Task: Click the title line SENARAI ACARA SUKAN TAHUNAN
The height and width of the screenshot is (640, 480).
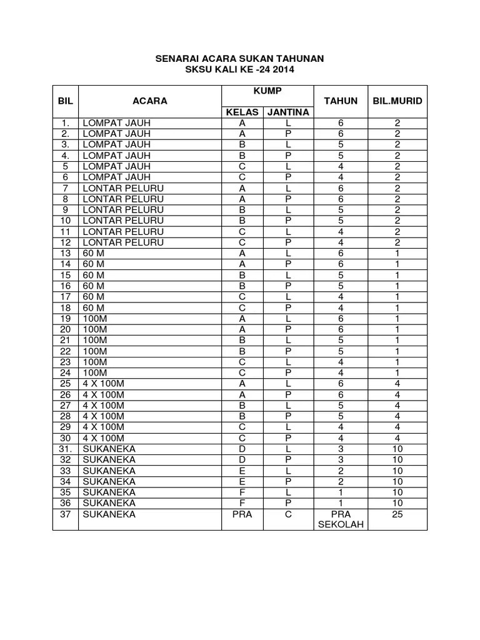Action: [239, 59]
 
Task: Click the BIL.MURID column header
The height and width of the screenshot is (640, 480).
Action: [397, 101]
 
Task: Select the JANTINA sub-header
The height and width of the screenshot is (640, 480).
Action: [288, 112]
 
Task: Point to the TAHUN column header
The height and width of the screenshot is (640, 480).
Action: [341, 101]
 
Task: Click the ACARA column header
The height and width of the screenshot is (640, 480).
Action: [150, 101]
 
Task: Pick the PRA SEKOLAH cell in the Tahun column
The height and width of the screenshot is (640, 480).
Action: [341, 519]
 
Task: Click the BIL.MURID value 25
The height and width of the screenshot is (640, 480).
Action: [397, 514]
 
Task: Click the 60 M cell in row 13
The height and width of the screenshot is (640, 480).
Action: [94, 252]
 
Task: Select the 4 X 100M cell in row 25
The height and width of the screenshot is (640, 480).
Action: [104, 383]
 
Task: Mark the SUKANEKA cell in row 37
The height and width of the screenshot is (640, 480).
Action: [109, 514]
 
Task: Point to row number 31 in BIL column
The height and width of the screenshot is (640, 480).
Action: [66, 449]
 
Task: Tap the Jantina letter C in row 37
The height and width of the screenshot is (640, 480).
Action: [288, 514]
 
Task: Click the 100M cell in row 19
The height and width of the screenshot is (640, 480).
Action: [96, 318]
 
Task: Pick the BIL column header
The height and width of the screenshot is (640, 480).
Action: [66, 101]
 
